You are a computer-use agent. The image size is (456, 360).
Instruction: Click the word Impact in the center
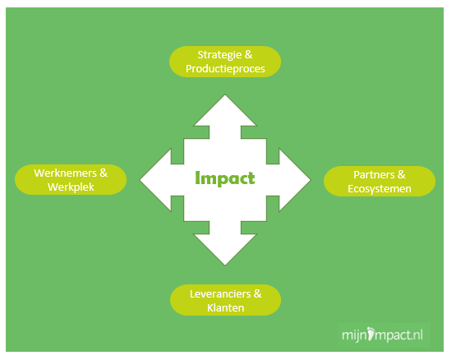(225, 178)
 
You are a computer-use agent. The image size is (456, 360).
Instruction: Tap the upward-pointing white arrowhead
(225, 111)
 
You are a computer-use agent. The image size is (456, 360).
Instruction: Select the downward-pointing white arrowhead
(225, 249)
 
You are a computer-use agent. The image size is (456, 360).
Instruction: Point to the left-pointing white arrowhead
(156, 180)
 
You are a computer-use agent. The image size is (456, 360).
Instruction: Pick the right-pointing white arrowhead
(295, 180)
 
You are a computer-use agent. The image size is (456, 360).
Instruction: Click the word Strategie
(219, 55)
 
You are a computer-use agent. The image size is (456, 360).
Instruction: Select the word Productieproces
(225, 69)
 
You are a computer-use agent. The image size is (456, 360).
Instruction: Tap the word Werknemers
(65, 173)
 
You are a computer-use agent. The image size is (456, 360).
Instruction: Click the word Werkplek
(71, 187)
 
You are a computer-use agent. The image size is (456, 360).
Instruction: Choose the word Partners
(374, 175)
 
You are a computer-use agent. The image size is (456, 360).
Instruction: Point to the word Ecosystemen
(380, 189)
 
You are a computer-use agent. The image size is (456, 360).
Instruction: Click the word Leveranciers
(220, 294)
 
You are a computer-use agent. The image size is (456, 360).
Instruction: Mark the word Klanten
(226, 308)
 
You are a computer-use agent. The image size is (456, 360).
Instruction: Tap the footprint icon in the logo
(371, 334)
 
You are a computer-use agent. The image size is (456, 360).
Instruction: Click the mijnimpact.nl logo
(382, 335)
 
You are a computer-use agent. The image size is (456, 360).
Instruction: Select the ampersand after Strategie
(249, 55)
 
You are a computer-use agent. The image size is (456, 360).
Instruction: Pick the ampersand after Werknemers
(104, 173)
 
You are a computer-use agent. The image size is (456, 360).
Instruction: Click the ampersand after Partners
(401, 174)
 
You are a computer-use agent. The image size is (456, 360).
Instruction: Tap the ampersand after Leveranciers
(257, 293)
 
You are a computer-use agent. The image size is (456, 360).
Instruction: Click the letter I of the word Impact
(198, 178)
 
